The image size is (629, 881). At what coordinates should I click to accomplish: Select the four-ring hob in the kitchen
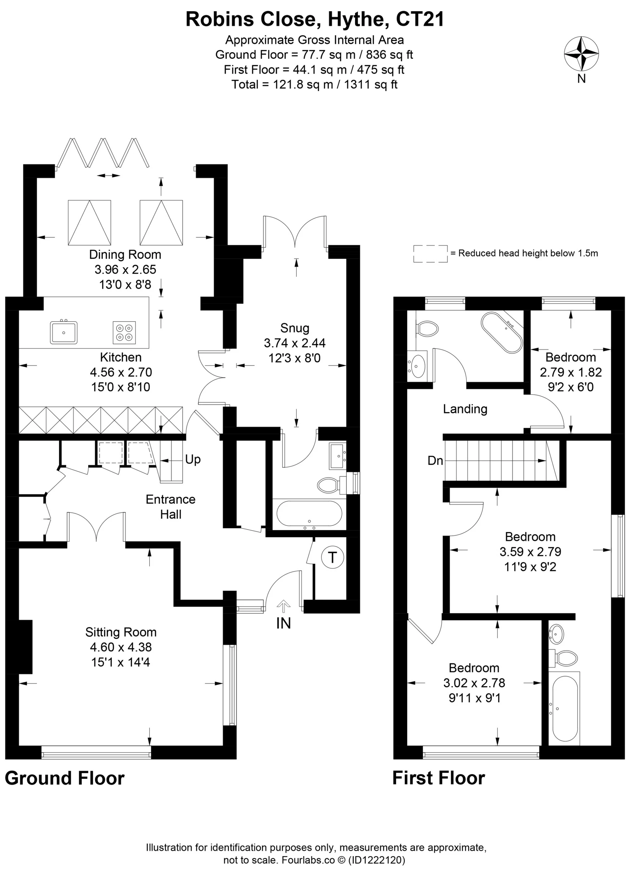click(x=124, y=333)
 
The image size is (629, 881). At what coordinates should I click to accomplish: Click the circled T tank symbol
click(x=332, y=558)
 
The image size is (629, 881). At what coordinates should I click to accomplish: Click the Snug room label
click(x=295, y=328)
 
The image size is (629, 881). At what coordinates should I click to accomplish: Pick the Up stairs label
click(x=193, y=460)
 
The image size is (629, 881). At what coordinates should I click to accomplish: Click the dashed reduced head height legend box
click(x=430, y=254)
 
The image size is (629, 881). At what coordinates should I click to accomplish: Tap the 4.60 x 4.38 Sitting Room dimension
click(x=121, y=647)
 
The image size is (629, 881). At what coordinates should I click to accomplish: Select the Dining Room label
click(x=125, y=255)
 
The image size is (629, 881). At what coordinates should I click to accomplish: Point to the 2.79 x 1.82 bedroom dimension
click(x=571, y=372)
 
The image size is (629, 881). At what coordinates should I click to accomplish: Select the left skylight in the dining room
click(x=89, y=223)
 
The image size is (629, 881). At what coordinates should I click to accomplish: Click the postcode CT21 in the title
click(x=420, y=19)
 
